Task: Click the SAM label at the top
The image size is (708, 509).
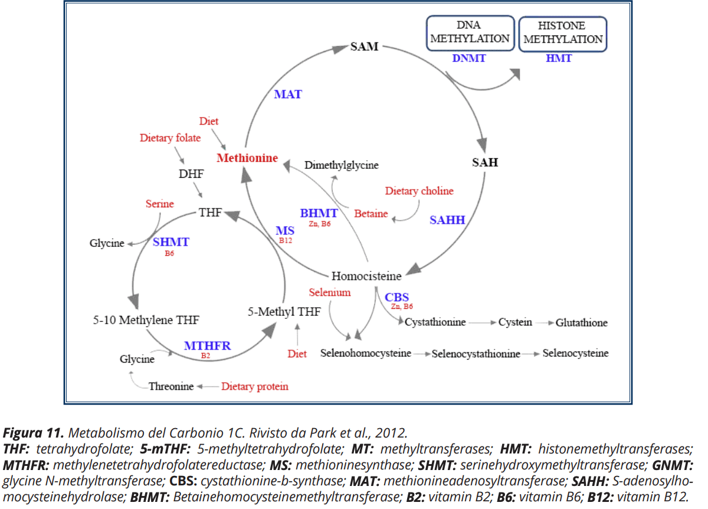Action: [x=364, y=46]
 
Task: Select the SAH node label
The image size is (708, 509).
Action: [x=485, y=162]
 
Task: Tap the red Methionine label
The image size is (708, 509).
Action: [x=247, y=158]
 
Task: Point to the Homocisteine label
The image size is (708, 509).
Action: [x=366, y=276]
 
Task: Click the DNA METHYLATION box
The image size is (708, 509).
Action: [x=470, y=33]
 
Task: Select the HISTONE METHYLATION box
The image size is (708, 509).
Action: [x=563, y=33]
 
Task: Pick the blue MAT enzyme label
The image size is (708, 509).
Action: [x=288, y=94]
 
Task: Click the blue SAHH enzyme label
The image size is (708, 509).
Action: [x=447, y=220]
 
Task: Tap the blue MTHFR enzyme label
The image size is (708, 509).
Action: [x=207, y=345]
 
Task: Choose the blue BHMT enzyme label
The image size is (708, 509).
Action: [x=319, y=213]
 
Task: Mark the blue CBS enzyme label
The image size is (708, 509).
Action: [x=397, y=297]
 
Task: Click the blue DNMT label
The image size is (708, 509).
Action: [x=470, y=58]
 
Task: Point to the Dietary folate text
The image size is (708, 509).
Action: [x=170, y=138]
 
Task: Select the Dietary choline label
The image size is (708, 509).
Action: [x=419, y=191]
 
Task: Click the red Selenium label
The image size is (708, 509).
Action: [x=330, y=292]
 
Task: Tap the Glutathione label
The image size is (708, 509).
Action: [x=581, y=323]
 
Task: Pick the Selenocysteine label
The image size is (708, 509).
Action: [x=575, y=353]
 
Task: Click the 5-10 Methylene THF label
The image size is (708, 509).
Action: [x=146, y=320]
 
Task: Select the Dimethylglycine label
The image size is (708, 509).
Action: [x=341, y=165]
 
